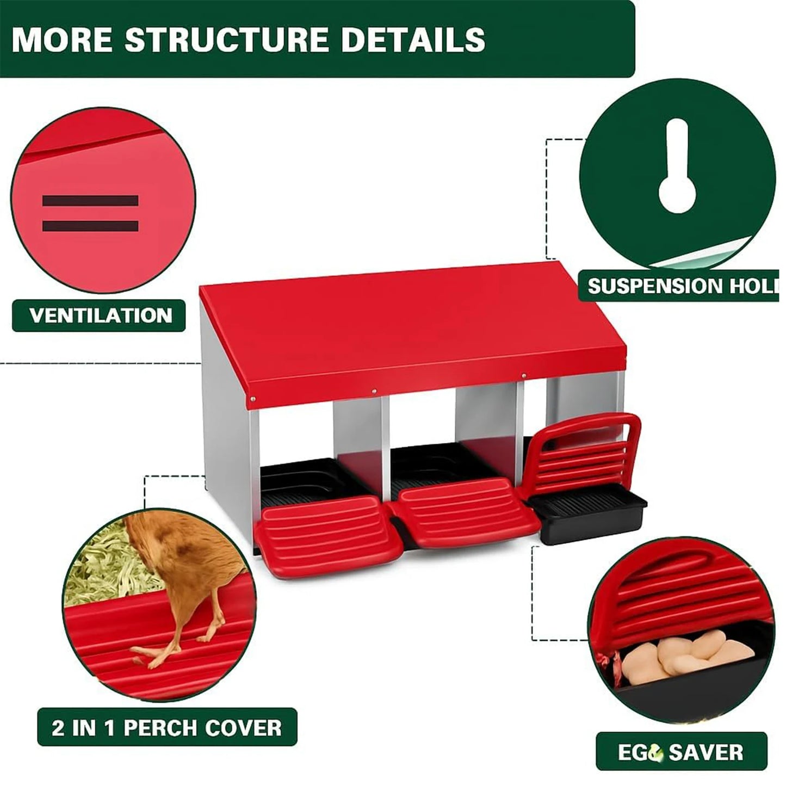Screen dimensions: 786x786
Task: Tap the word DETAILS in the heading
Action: tap(413, 39)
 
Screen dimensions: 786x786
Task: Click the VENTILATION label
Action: tap(100, 315)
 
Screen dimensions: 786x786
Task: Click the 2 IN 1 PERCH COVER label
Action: tap(167, 727)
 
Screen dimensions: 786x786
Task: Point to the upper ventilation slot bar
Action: tap(90, 201)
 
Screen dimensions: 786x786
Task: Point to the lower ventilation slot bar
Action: tap(90, 226)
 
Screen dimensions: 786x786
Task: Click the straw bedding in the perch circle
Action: tap(101, 566)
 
